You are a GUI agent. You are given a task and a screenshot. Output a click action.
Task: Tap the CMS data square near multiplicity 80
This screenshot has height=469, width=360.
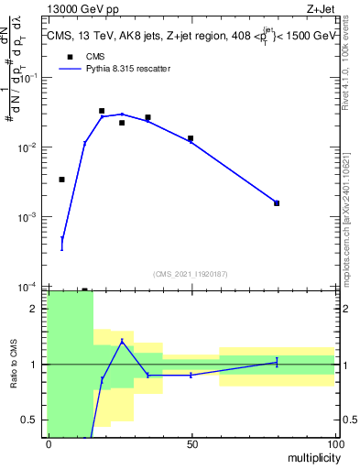click(x=277, y=203)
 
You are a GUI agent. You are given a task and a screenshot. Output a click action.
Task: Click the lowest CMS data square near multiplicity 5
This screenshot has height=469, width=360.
click(x=61, y=180)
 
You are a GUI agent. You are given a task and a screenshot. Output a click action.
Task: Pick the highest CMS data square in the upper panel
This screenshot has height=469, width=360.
click(x=102, y=111)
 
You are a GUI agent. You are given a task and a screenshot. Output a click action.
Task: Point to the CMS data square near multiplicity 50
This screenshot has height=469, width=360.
click(x=191, y=138)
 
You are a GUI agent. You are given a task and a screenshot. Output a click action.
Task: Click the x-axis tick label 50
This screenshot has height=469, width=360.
click(x=191, y=443)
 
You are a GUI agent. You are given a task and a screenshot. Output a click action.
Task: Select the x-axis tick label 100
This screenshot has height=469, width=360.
click(x=334, y=443)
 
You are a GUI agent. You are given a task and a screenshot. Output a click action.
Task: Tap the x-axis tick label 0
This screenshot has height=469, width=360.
click(x=49, y=443)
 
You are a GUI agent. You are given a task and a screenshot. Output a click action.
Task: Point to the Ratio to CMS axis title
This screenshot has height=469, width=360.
click(x=14, y=365)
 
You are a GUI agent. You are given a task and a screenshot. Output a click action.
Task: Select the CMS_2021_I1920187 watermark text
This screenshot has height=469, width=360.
click(x=191, y=273)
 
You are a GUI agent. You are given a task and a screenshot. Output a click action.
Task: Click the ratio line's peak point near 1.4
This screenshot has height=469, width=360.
click(x=122, y=341)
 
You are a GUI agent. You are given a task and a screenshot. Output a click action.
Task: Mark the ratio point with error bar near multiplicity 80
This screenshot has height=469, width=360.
click(x=277, y=362)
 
